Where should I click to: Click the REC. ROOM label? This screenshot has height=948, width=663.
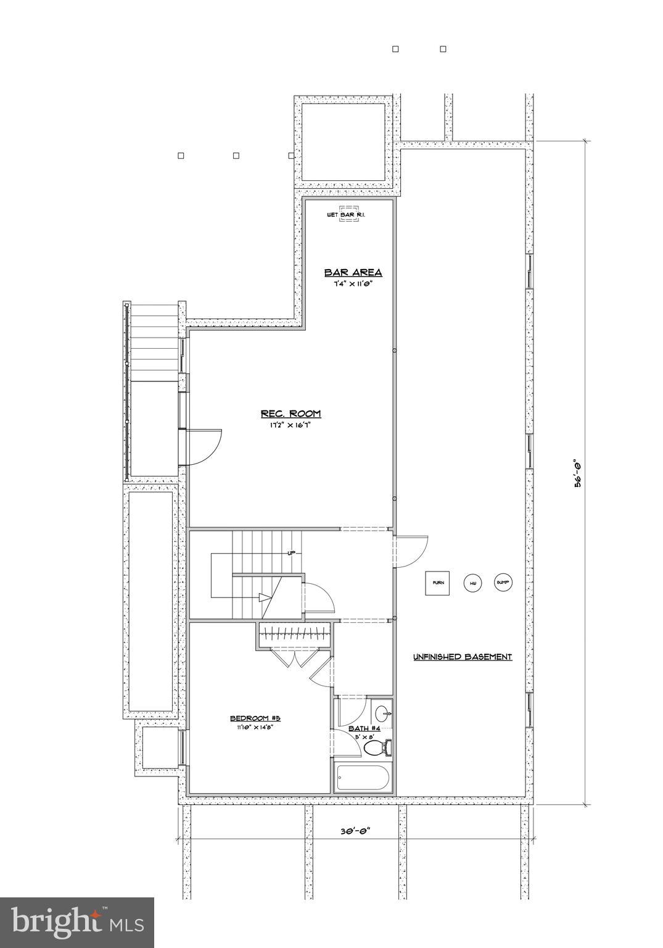coord(290,414)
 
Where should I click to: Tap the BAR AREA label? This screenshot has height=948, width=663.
coord(353,272)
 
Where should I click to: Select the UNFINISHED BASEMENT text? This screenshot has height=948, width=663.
coord(463,657)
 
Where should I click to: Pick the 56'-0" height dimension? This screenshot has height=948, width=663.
coord(578,473)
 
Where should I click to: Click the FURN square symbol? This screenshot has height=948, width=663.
coord(437,583)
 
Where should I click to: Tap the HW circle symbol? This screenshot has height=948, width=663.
coord(473,583)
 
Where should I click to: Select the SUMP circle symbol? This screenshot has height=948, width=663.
coord(503,583)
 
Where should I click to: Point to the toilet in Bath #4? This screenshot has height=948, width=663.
coord(377,748)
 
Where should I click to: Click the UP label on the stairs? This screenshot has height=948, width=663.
coord(290,553)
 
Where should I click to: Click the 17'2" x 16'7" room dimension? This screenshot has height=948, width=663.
coord(290,425)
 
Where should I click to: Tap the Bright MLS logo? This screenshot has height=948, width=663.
coord(77,923)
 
